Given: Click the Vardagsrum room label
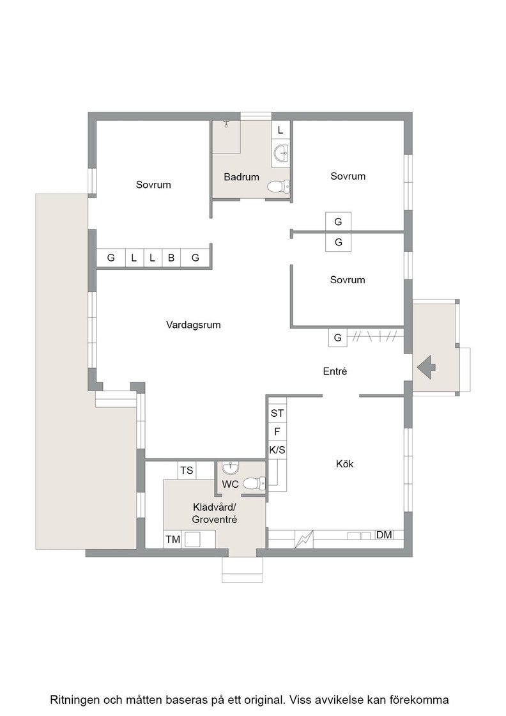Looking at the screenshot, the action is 193,325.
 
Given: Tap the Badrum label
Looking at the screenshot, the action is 241,176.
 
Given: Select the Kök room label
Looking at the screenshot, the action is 344,464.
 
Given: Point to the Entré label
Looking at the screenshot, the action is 335,371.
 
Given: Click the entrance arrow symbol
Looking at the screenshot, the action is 427,367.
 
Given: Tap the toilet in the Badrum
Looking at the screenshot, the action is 279,186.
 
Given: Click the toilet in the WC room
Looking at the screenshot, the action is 254,483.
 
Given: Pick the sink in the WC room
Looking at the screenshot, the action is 231,468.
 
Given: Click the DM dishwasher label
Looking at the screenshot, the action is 384,534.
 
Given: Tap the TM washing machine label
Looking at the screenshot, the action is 173,540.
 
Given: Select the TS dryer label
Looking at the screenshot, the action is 187,471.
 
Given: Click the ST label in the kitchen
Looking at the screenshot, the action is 277,413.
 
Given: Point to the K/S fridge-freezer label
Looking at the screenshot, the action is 277,450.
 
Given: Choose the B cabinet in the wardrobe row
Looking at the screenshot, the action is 171,258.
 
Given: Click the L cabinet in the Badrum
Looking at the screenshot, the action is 280,130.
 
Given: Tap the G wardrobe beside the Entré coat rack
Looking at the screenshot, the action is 337,338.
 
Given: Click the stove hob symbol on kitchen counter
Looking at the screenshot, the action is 304,540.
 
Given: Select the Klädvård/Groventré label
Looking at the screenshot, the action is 215,513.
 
